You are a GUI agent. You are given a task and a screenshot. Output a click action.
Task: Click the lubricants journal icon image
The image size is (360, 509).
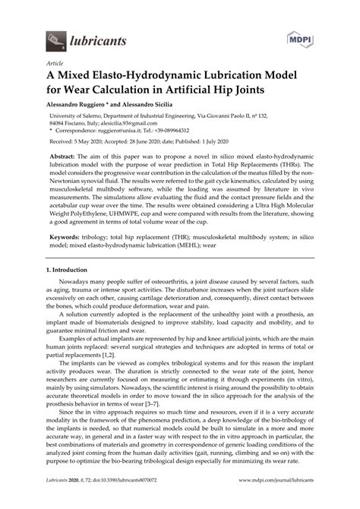coord(56,37)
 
